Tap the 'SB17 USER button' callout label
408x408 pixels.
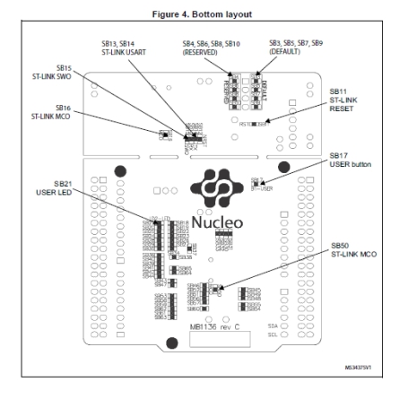coord(350,159)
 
